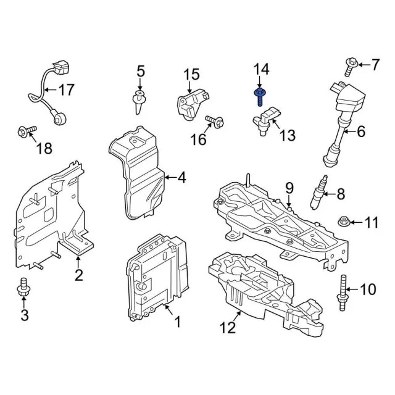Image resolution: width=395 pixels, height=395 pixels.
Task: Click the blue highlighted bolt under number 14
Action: click(x=260, y=96)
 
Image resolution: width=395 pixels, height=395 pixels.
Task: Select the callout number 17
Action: click(x=65, y=90)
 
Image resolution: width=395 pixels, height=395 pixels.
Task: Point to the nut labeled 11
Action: click(x=344, y=220)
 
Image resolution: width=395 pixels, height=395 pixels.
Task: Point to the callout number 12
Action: click(x=228, y=327)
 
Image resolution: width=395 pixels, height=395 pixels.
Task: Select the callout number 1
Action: click(x=177, y=321)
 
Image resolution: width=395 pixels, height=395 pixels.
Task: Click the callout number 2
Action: click(x=78, y=275)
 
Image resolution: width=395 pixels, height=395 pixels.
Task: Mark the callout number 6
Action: click(x=361, y=130)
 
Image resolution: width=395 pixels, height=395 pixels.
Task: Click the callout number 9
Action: click(x=288, y=188)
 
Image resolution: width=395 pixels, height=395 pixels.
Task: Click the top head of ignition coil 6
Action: click(x=355, y=96)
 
